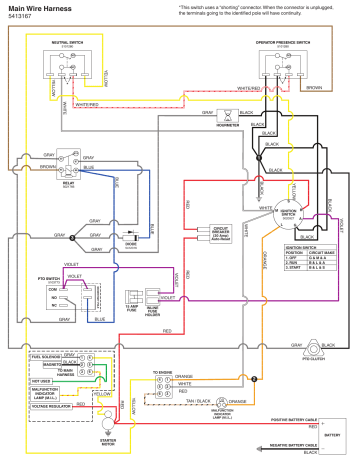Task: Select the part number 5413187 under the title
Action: point(21,17)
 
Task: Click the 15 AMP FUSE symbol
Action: point(135,296)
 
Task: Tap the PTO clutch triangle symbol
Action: point(323,351)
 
